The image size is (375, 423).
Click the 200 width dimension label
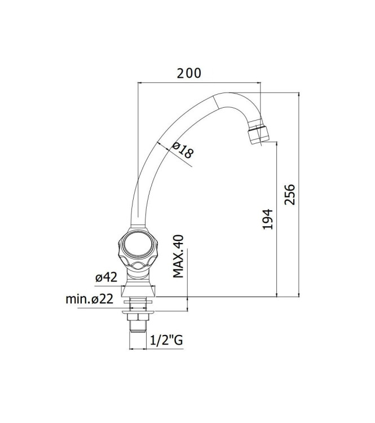point(189,73)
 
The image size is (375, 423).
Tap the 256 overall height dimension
point(290,195)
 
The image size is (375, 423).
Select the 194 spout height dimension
point(268,219)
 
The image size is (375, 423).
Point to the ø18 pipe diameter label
point(183,150)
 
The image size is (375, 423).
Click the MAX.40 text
point(178,256)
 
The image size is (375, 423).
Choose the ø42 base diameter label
point(106,277)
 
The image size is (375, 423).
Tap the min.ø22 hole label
point(90,299)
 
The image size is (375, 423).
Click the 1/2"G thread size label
point(166,340)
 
